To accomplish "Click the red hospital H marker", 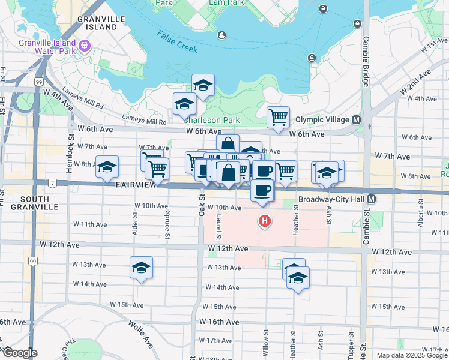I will [264, 222].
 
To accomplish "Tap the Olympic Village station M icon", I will [356, 119].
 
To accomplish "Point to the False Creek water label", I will [178, 41].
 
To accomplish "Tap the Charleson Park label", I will [219, 120].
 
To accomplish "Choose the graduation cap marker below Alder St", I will [141, 267].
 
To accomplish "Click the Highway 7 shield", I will [53, 182].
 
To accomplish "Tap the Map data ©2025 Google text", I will [412, 355].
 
